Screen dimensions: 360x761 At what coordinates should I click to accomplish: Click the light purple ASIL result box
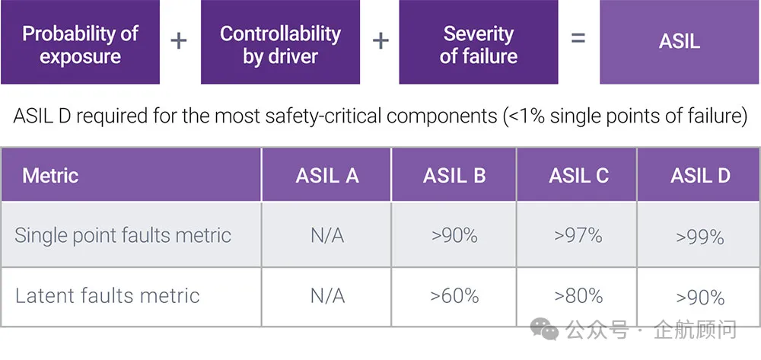click(x=680, y=42)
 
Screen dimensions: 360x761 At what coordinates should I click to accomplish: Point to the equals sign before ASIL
click(x=578, y=39)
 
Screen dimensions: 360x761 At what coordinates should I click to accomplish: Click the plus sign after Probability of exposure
click(x=179, y=40)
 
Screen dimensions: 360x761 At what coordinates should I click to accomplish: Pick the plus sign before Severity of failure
click(x=380, y=40)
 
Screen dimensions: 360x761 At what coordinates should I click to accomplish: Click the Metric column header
click(x=50, y=175)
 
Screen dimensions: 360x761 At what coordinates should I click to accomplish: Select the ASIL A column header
click(x=326, y=175)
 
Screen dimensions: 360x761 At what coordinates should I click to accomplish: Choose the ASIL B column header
click(x=454, y=175)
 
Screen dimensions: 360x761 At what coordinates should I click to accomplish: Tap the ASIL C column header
click(x=578, y=175)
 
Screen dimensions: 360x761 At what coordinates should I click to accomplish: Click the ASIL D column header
click(x=700, y=175)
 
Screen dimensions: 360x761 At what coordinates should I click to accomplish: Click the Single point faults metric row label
click(x=123, y=235)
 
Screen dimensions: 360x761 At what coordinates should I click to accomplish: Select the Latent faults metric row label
click(x=107, y=295)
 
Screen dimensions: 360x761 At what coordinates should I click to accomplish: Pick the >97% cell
click(x=578, y=235)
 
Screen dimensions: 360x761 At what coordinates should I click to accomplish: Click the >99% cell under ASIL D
click(x=700, y=237)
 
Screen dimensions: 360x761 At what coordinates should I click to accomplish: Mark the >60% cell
click(x=454, y=295)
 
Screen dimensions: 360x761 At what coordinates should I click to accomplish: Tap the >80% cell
click(x=578, y=295)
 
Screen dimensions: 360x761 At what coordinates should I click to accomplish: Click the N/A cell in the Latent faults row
click(x=326, y=295)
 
